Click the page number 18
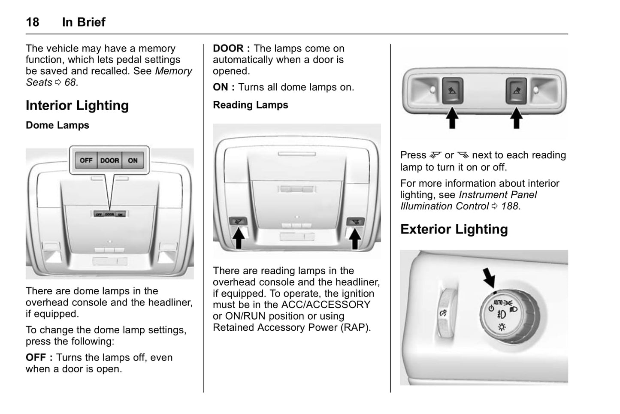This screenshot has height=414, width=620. [x=33, y=22]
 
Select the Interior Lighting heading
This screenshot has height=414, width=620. [x=77, y=106]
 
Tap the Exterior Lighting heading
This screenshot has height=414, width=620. [x=454, y=230]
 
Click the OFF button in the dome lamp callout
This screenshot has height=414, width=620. [x=86, y=160]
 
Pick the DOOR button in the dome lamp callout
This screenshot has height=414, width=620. [x=109, y=160]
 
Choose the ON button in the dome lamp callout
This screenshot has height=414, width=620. [x=133, y=160]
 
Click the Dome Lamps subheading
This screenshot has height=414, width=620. [x=57, y=125]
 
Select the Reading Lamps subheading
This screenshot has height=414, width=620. [x=251, y=105]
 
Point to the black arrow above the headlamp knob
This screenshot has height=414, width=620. [x=489, y=278]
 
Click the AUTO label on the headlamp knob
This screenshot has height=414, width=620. [x=498, y=302]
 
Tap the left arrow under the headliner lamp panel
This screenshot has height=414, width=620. [x=452, y=118]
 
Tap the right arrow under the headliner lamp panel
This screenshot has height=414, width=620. [x=516, y=118]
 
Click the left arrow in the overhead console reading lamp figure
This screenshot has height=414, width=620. [x=239, y=238]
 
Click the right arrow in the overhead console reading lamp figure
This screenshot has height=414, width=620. [x=354, y=238]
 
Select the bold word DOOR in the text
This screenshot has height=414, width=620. [x=228, y=48]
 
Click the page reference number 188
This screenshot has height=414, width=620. [x=510, y=206]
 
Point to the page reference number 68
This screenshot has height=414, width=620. [x=70, y=82]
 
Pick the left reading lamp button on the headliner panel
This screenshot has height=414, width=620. [x=452, y=91]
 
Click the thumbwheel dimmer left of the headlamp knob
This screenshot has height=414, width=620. [x=444, y=312]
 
